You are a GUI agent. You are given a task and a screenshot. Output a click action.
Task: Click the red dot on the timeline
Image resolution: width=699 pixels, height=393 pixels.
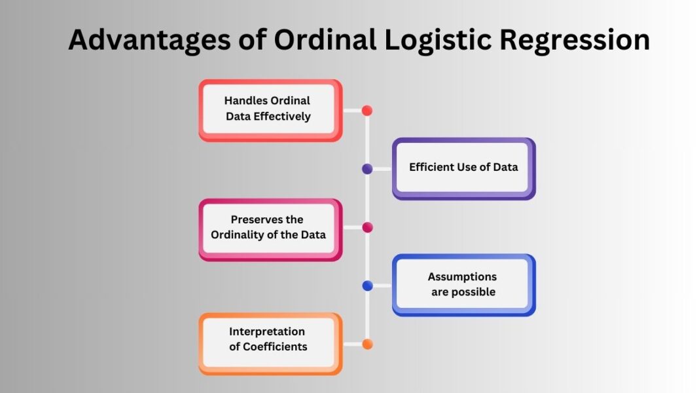[367, 111]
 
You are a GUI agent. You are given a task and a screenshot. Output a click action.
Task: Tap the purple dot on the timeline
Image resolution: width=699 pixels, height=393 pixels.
[367, 169]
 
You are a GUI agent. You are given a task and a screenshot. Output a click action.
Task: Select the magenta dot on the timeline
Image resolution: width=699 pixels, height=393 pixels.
[367, 227]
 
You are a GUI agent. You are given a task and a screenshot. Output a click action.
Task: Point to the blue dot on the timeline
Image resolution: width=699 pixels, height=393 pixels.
[367, 286]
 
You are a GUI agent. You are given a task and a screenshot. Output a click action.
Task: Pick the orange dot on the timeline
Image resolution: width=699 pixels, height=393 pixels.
[367, 344]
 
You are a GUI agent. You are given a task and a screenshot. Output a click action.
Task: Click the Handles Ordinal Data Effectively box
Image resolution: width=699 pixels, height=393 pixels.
[270, 109]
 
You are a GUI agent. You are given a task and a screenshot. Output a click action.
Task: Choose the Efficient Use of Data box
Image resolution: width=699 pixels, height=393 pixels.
[463, 168]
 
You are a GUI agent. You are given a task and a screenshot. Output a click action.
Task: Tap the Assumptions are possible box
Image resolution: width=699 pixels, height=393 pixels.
[463, 284]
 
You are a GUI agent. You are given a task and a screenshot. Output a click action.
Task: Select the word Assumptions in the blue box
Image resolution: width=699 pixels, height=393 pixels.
[462, 277]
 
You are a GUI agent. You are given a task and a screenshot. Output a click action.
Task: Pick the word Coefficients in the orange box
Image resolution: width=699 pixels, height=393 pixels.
[276, 347]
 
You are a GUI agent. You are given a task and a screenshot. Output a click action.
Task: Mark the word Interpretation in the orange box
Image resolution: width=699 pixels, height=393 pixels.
[267, 331]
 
